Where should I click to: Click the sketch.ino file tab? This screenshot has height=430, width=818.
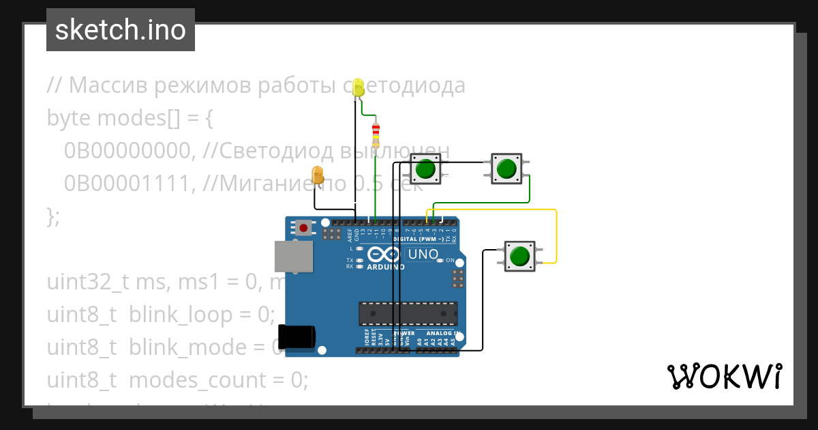[120, 31]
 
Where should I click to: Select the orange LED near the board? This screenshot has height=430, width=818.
[317, 175]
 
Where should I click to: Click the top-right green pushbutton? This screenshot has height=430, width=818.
[506, 168]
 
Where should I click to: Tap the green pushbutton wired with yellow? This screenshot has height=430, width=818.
[519, 256]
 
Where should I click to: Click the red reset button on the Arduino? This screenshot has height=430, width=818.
[302, 228]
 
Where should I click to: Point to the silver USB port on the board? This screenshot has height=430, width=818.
[294, 256]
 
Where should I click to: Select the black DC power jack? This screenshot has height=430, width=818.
[297, 338]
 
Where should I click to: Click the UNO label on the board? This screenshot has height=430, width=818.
[423, 255]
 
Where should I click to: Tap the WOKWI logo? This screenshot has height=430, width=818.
[724, 377]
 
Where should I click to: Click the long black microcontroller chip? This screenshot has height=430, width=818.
[408, 313]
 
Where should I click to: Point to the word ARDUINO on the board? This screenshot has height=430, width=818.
[386, 267]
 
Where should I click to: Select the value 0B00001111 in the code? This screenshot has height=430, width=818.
[126, 182]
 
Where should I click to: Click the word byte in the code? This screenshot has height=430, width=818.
[69, 118]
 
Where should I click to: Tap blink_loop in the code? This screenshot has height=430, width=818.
[202, 315]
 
